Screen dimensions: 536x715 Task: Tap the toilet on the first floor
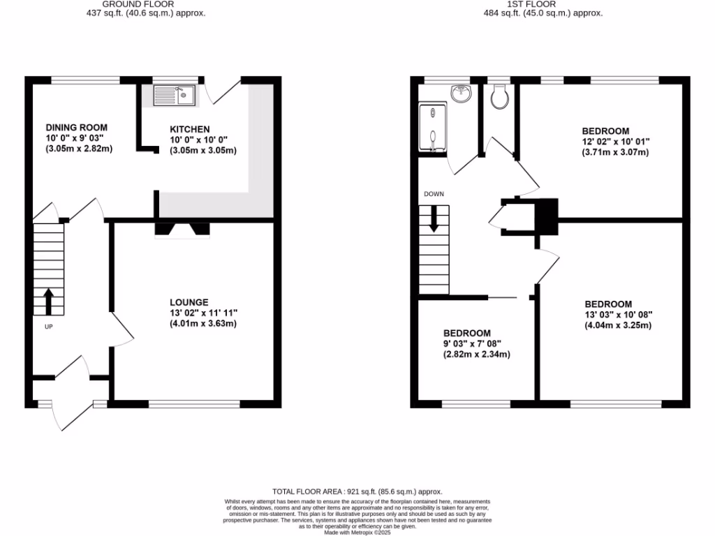click(x=499, y=97)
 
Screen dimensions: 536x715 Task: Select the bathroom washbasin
click(x=460, y=93)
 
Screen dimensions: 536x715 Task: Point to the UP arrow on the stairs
click(x=48, y=302)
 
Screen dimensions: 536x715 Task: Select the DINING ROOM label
click(x=77, y=128)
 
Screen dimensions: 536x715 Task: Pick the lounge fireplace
click(x=182, y=230)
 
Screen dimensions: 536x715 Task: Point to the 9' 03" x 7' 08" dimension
click(x=476, y=344)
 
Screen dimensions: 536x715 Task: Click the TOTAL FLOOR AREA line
click(x=357, y=492)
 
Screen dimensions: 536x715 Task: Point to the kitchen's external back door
click(x=225, y=89)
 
